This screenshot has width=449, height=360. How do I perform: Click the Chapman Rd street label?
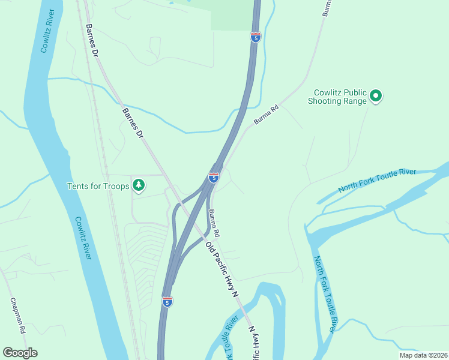[x=17, y=316]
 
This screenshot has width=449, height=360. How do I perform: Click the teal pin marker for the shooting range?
[x=376, y=95]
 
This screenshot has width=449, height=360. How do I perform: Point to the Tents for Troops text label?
[x=98, y=186]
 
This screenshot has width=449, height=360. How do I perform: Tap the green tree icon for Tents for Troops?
[x=139, y=185]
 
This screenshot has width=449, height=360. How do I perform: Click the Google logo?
[x=20, y=353]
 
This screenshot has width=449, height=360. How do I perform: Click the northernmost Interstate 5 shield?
[x=256, y=37]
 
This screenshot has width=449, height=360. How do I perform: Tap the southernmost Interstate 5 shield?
[x=167, y=302]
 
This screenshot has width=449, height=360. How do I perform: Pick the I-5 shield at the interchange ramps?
[x=214, y=177]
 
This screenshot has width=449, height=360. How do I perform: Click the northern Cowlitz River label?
[x=47, y=32]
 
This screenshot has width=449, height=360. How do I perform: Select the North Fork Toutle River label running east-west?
[x=376, y=181]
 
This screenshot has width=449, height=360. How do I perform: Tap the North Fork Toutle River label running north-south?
[x=324, y=294]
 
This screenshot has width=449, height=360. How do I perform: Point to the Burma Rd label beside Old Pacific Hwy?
[x=214, y=222]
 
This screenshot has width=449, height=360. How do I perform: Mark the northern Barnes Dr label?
[x=91, y=40]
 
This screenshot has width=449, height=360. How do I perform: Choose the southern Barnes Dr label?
[x=133, y=124]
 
